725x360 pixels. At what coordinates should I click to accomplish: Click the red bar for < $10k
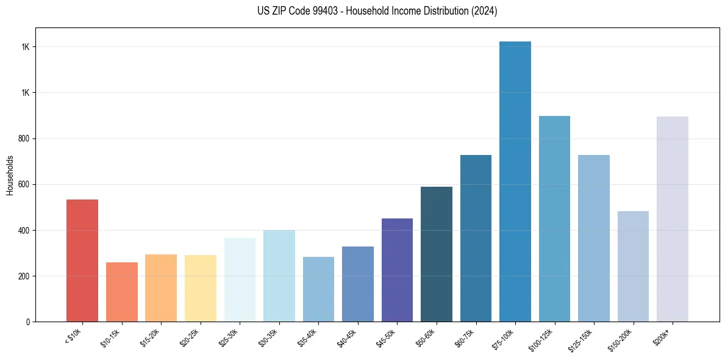tap(82, 261)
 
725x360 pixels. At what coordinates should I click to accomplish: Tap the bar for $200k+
tap(673, 219)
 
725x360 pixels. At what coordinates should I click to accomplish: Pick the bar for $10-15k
tap(122, 292)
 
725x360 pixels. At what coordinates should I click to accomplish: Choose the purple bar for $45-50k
tap(397, 270)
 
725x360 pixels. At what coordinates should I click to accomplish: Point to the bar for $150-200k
tap(633, 266)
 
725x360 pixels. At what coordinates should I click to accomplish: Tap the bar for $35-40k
tap(318, 289)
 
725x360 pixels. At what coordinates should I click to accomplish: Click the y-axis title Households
tap(10, 175)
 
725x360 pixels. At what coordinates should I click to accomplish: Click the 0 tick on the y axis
tap(29, 322)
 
